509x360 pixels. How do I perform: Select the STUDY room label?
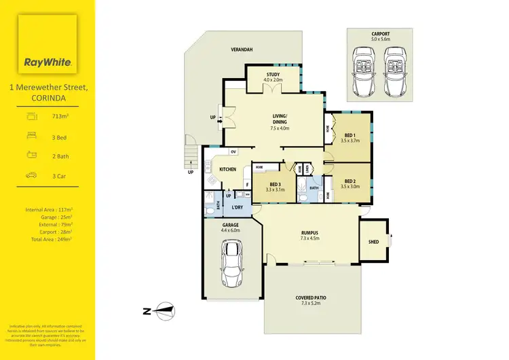pos(273,76)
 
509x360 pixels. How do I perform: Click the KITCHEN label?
pos(227,169)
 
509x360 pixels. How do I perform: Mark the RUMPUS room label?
pos(309,234)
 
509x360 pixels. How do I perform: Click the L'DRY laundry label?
pos(238,206)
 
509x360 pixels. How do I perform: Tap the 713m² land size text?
pos(61,117)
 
